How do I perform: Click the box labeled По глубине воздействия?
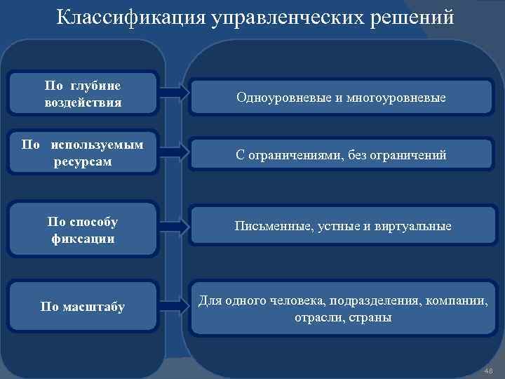[83, 93]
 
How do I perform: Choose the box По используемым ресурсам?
[83, 153]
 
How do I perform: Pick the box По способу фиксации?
[83, 230]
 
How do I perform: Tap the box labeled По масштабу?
[83, 307]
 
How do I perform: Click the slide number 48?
[489, 370]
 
